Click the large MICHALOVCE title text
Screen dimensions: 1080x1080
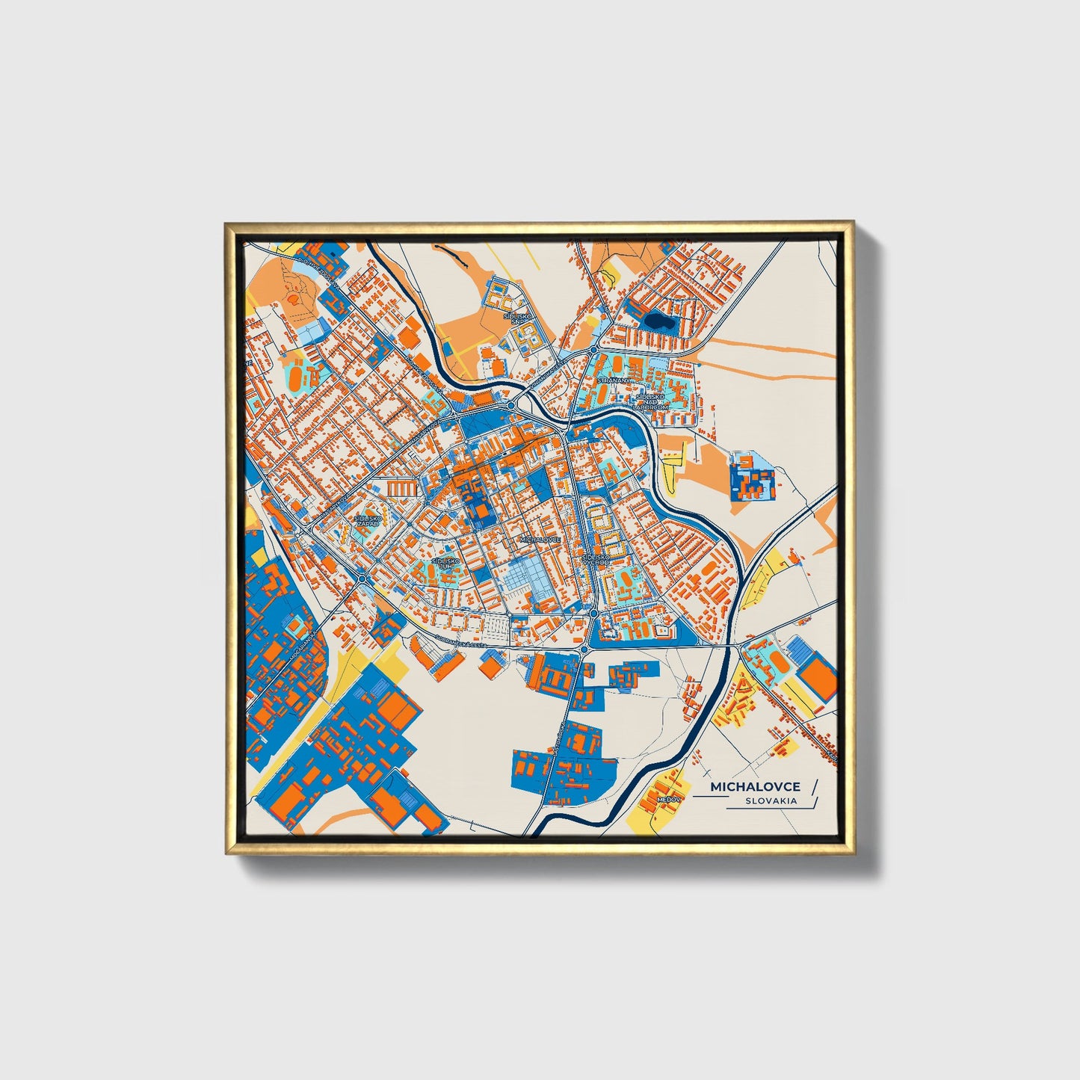pos(755,787)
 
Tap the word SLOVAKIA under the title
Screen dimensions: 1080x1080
pos(770,800)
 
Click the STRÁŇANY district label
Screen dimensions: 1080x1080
pos(614,380)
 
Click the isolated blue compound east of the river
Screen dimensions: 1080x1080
pos(753,476)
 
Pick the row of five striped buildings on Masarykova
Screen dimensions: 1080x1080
pos(402,488)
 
